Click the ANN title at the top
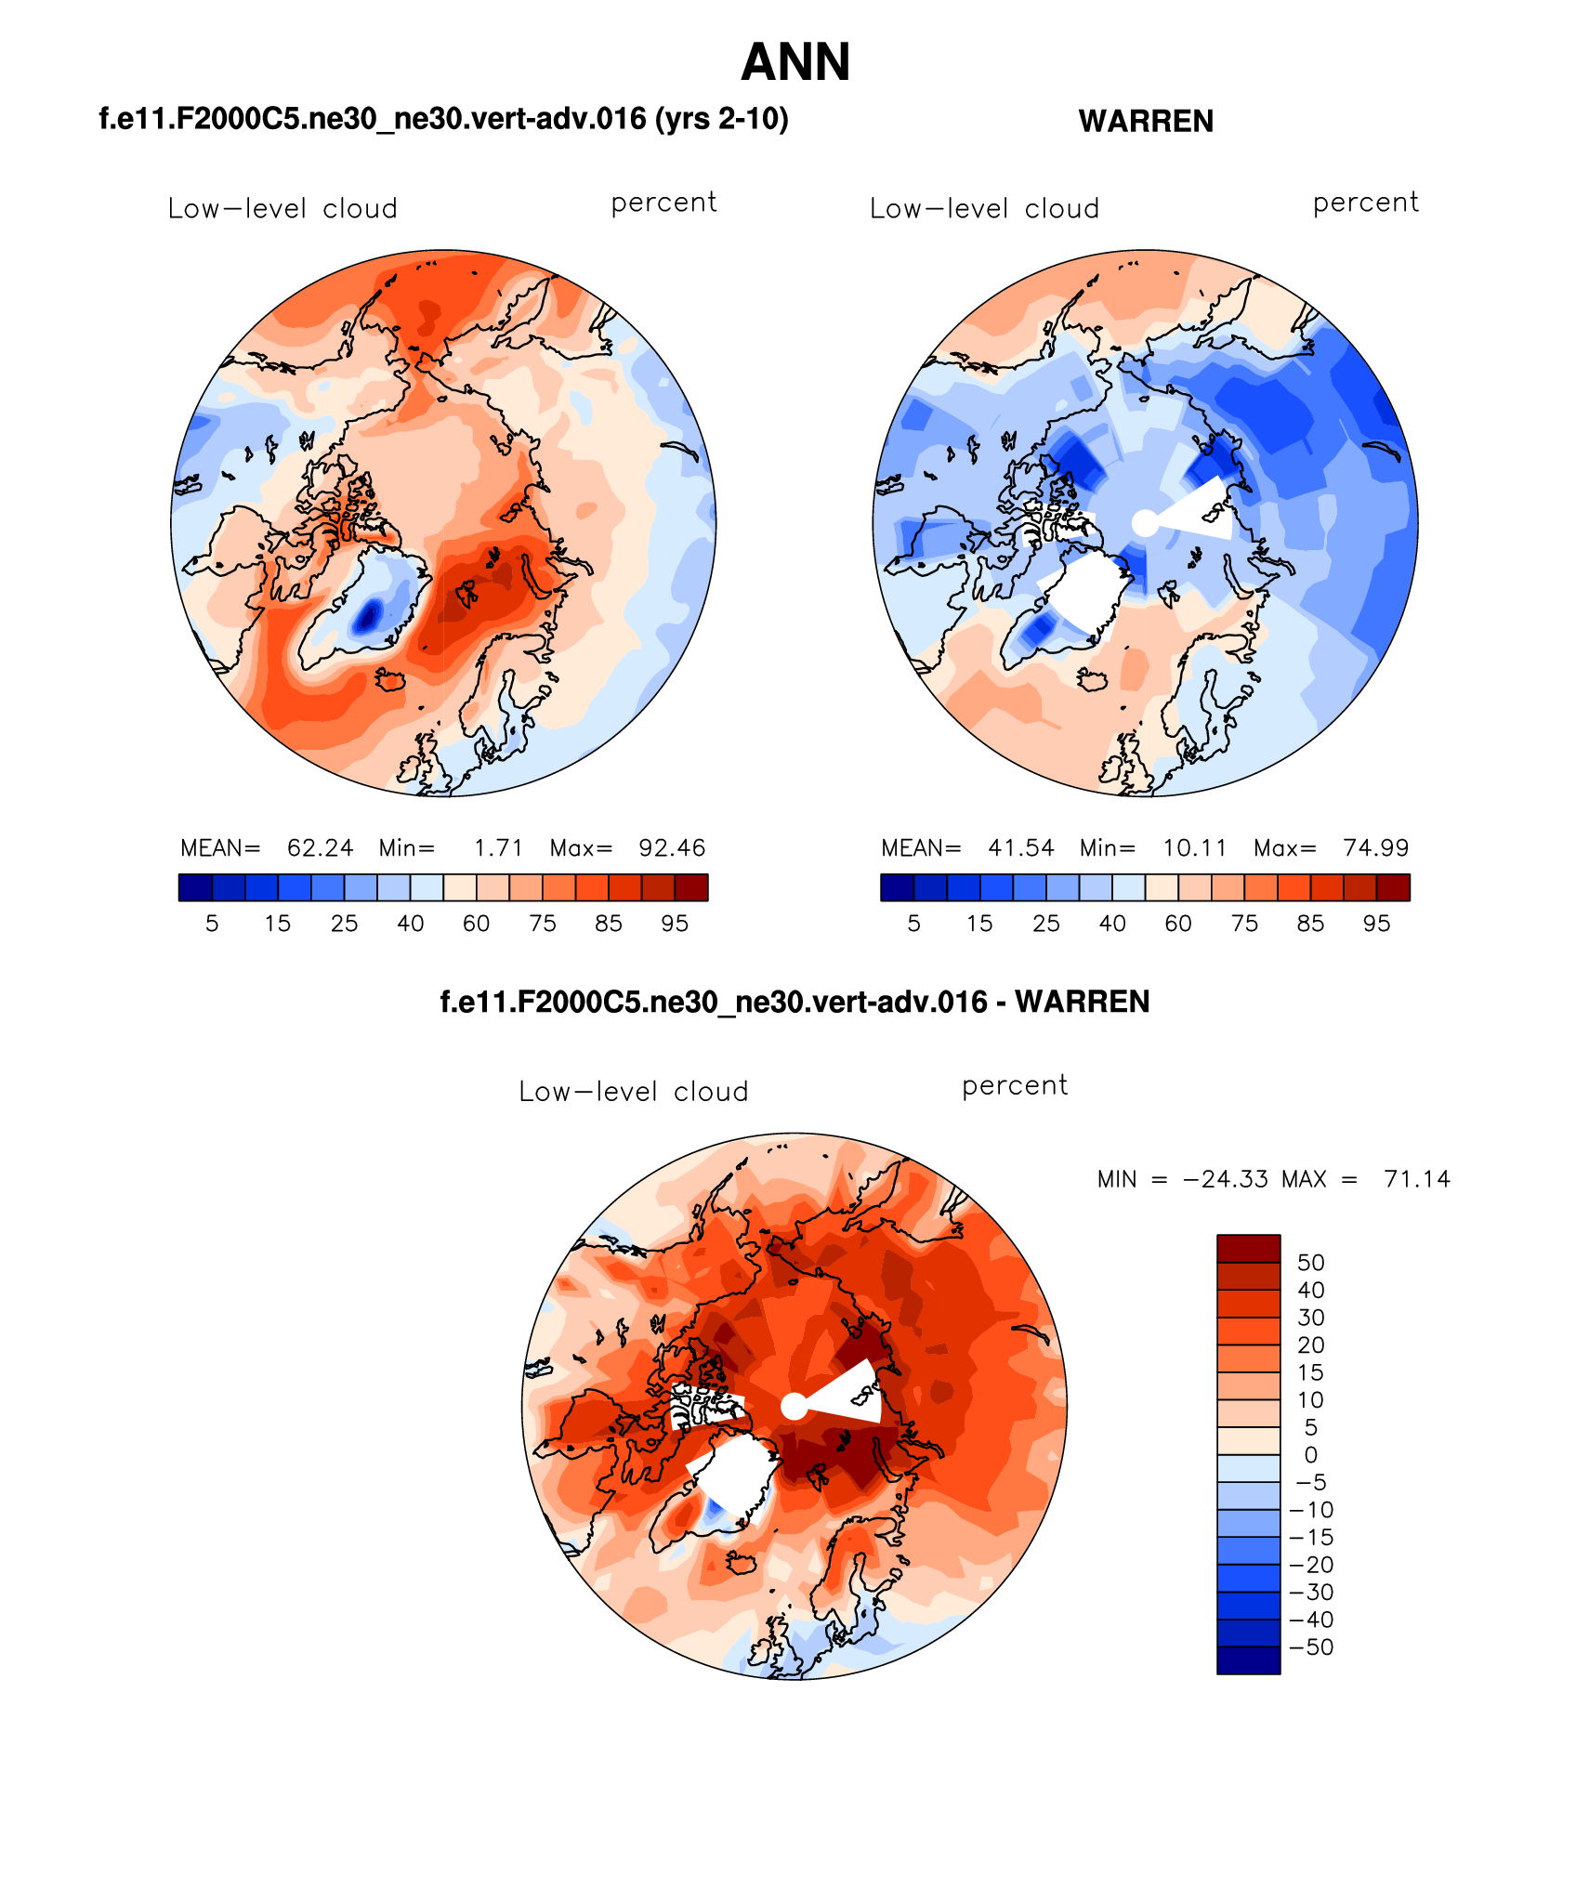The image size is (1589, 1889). click(x=795, y=63)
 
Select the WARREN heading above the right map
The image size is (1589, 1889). click(x=1146, y=122)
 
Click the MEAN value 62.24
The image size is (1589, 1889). click(x=320, y=848)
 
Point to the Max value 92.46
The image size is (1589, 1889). click(x=672, y=848)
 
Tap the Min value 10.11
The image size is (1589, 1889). click(x=1194, y=848)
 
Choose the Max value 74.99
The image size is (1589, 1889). click(x=1375, y=848)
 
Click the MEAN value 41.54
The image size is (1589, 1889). click(x=1020, y=848)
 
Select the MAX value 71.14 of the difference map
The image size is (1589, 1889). click(x=1416, y=1179)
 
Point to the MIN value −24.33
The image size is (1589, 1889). click(x=1225, y=1179)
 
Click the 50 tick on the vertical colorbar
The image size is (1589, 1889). click(x=1310, y=1263)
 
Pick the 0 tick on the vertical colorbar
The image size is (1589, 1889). click(x=1310, y=1455)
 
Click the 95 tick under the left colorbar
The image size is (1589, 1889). click(x=675, y=924)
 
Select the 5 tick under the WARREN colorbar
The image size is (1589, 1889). click(x=913, y=924)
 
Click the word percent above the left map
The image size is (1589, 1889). click(x=663, y=203)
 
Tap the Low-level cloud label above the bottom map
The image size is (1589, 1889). click(x=634, y=1092)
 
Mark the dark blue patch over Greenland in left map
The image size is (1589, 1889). click(x=370, y=616)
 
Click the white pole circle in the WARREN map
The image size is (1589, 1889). click(x=1145, y=523)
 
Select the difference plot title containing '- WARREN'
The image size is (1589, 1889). click(x=794, y=1002)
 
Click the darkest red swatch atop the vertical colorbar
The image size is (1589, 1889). click(x=1248, y=1248)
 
